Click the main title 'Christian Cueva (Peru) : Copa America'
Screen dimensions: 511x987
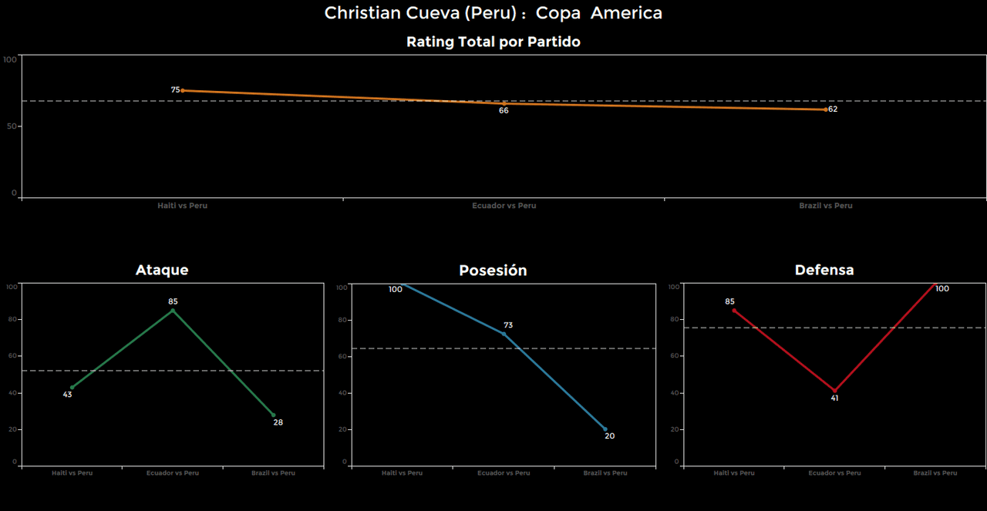(493, 13)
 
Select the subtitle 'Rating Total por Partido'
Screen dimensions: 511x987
(493, 42)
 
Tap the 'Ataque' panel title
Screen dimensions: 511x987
(162, 270)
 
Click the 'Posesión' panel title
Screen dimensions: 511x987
(493, 271)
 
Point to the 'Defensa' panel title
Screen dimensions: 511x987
(824, 270)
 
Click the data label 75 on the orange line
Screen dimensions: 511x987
(175, 90)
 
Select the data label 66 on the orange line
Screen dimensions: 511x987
(504, 111)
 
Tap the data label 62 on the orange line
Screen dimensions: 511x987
(833, 109)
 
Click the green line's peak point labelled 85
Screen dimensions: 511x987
(173, 311)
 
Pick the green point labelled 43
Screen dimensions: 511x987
(72, 387)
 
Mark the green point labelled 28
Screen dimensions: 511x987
(273, 415)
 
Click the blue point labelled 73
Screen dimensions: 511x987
(504, 334)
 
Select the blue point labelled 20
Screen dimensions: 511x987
(605, 429)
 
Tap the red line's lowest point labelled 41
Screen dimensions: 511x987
(834, 391)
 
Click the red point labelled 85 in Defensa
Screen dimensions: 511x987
(734, 311)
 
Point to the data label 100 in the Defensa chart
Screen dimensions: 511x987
(942, 289)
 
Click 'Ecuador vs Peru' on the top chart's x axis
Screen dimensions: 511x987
(504, 206)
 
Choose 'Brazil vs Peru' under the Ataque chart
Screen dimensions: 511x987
(273, 473)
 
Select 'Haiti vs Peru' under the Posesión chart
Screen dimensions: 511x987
(402, 473)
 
